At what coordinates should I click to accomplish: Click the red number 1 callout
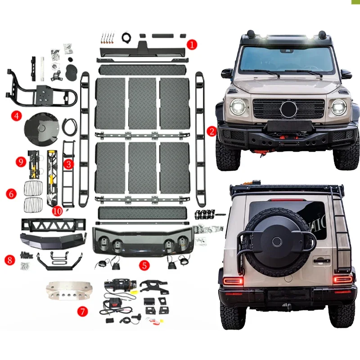click(x=192, y=44)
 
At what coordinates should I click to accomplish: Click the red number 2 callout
click(x=211, y=131)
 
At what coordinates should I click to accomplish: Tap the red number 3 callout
click(x=68, y=164)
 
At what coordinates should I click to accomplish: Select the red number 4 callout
click(x=17, y=116)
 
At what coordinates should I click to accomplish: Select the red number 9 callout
click(x=19, y=161)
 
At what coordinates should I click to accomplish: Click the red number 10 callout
click(x=57, y=210)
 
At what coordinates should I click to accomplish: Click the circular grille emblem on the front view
click(x=288, y=109)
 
